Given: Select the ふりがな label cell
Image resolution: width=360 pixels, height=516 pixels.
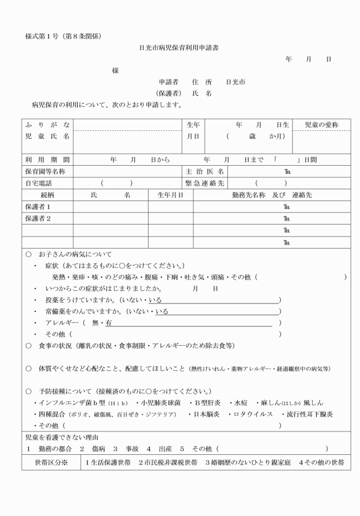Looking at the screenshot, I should tap(47, 125).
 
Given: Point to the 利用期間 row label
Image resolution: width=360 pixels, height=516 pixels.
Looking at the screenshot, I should tap(47, 160).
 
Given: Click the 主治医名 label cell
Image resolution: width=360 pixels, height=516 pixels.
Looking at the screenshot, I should tap(204, 172).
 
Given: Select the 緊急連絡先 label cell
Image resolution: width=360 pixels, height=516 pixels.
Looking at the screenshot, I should tap(204, 183).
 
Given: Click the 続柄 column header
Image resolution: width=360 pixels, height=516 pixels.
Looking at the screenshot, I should tap(47, 195).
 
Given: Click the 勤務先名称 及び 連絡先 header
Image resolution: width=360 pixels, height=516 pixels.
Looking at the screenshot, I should tap(271, 195).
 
